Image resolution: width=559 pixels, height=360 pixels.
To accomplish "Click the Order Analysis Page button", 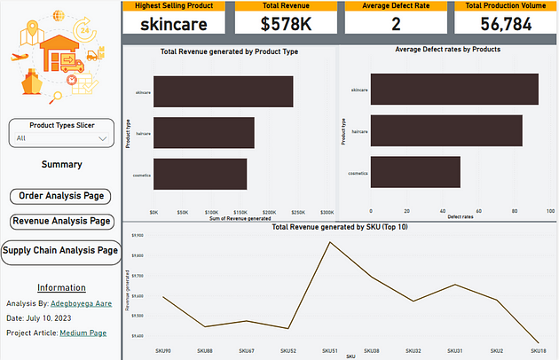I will pos(61,195).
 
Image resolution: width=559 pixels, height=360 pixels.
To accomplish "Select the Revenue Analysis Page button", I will pos(61,221).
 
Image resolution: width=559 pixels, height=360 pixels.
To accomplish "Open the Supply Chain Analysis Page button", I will pos(60,251).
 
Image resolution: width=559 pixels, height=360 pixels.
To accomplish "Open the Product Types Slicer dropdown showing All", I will pos(60,138).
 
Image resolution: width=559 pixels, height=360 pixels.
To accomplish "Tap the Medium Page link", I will pos(83,333).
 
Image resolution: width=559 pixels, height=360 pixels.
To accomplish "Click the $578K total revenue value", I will pos(286,24).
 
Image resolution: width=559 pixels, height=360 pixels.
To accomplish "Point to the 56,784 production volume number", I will pos(505,24).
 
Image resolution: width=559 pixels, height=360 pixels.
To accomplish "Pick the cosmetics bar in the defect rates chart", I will pos(415,172).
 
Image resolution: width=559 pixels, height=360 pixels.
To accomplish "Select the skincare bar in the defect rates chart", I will pos(453,90).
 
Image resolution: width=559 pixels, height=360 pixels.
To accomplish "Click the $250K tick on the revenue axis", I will pos(298,213).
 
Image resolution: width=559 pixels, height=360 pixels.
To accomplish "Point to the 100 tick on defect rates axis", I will pos(551,212).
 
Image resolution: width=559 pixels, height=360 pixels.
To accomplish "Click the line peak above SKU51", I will pos(329,242).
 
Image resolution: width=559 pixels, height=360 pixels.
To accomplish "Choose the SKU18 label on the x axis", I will pos(539,350).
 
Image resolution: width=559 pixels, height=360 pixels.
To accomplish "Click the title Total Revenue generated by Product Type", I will pos(229,52).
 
